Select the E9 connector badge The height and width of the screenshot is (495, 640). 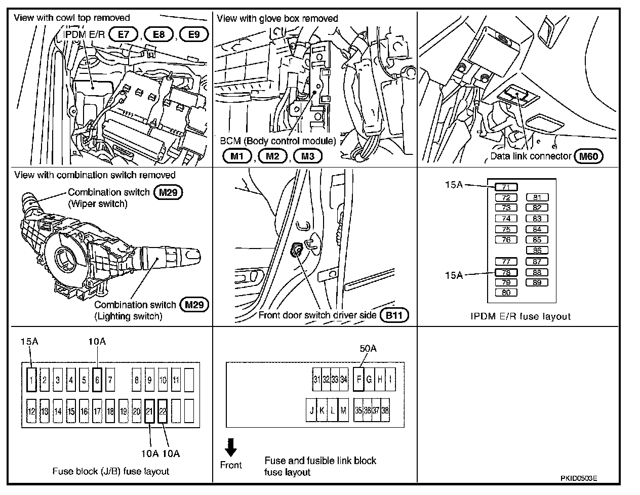coord(194,34)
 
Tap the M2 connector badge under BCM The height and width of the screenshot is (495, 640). coord(272,156)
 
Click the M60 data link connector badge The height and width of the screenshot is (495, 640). coord(589,156)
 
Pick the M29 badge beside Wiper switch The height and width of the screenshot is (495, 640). coord(168,192)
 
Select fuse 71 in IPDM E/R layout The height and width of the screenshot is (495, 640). coord(506,187)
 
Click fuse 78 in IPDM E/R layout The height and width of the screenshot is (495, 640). coord(506,272)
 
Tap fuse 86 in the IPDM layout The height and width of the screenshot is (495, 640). coord(537,250)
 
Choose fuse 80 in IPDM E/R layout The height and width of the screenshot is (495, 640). coord(506,293)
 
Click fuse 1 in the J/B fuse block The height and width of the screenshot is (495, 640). coord(31,379)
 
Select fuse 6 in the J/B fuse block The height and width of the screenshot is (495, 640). coord(97,379)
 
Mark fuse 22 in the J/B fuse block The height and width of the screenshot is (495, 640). coord(163,411)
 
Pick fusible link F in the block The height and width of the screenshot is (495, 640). coord(358,379)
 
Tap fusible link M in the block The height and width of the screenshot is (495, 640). coord(343,410)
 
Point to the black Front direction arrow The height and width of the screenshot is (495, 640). coord(231,447)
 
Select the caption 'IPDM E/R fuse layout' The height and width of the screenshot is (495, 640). coord(520,317)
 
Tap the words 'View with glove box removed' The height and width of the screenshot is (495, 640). coord(277,19)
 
